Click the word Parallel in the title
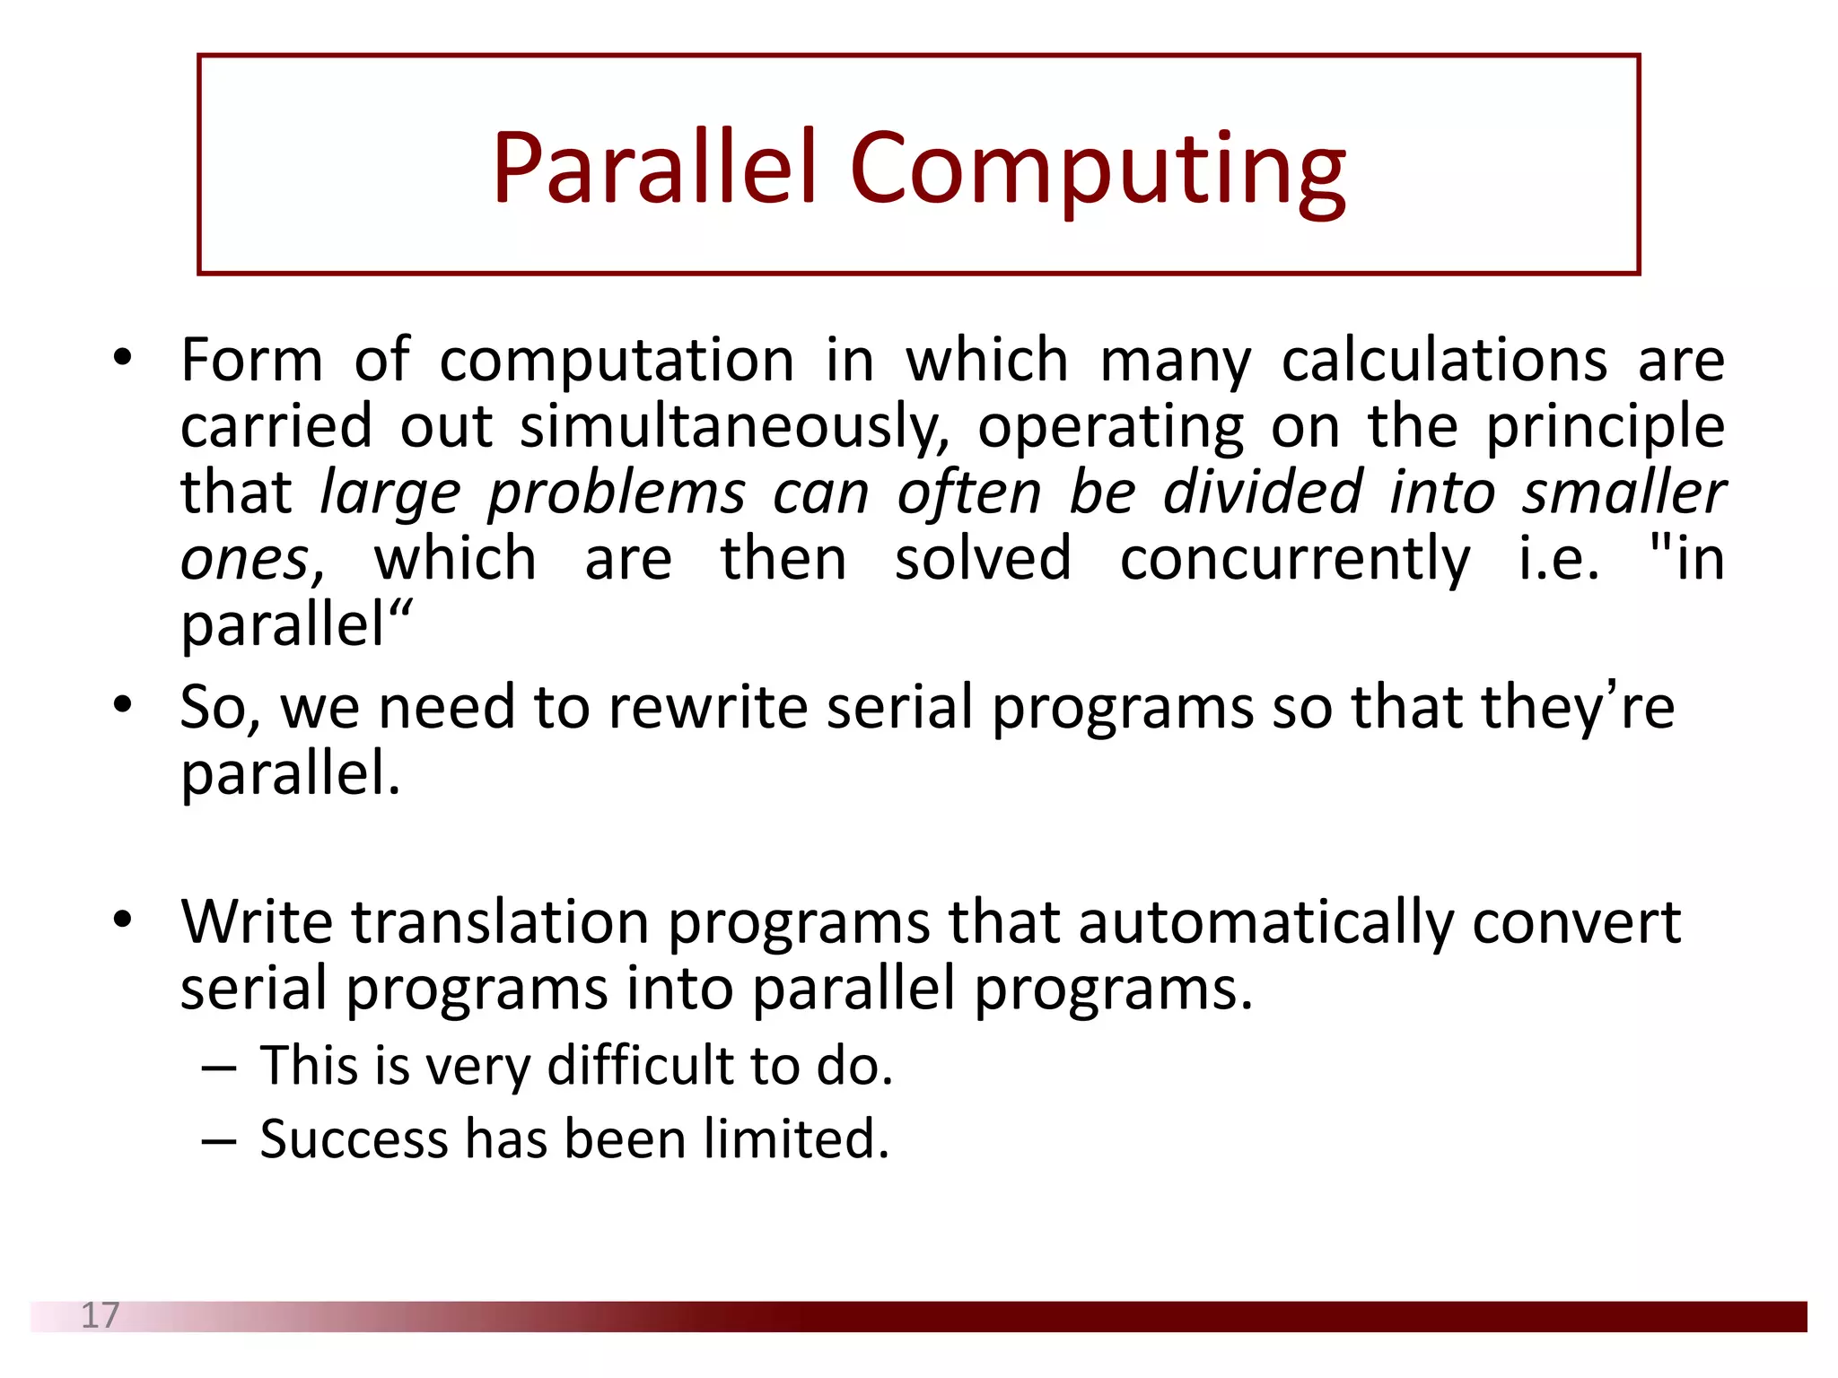[653, 169]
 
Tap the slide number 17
[100, 1315]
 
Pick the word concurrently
[1294, 560]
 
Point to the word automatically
[1265, 924]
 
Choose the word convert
[1576, 922]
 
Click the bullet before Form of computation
[123, 360]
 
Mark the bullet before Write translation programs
[123, 920]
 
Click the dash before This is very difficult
[219, 1068]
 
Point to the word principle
[1605, 426]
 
